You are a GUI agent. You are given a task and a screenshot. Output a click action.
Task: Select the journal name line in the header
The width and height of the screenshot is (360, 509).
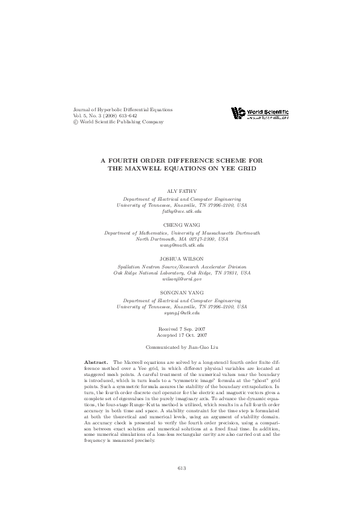point(122,109)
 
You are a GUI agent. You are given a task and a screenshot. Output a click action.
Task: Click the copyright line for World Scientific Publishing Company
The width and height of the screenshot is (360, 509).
point(118,122)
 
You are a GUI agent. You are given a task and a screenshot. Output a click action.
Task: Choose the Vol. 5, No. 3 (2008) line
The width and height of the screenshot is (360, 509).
point(105,115)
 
